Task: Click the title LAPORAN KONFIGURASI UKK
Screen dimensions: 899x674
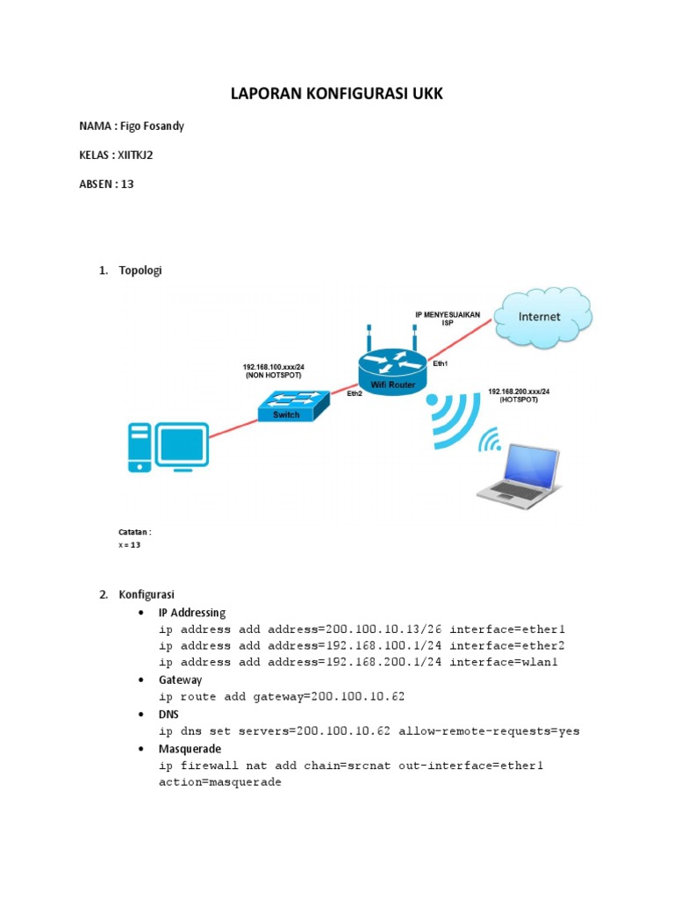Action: (x=337, y=94)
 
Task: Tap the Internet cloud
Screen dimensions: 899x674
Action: (x=539, y=316)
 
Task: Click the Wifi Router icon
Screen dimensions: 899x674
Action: (x=391, y=369)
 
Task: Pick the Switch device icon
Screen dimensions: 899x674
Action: (x=292, y=406)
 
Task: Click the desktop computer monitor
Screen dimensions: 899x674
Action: (x=182, y=445)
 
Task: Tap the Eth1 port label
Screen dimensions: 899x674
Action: (x=441, y=363)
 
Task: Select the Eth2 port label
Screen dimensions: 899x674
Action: (x=355, y=394)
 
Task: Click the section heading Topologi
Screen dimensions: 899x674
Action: (x=140, y=270)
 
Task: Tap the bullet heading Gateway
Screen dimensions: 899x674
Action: (x=180, y=680)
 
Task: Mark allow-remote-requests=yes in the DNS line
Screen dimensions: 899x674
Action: (x=489, y=730)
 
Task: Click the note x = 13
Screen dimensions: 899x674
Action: (x=130, y=545)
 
